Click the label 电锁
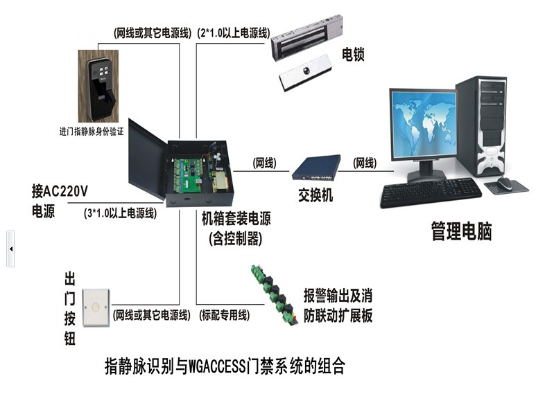point(353,54)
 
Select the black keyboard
point(430,192)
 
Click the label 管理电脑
point(461,231)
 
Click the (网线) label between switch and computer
point(365,163)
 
